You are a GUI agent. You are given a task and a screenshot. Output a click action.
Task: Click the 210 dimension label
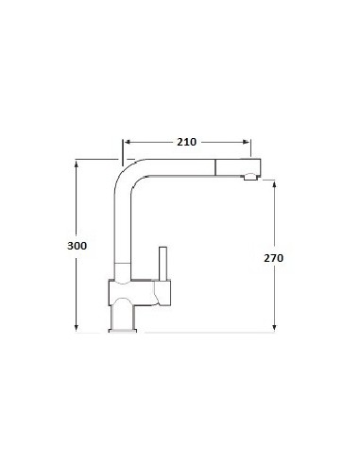pyautogui.click(x=186, y=142)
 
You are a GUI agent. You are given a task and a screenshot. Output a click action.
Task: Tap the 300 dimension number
pyautogui.click(x=78, y=246)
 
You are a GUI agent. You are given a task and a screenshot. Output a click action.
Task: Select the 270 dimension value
pyautogui.click(x=274, y=257)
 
